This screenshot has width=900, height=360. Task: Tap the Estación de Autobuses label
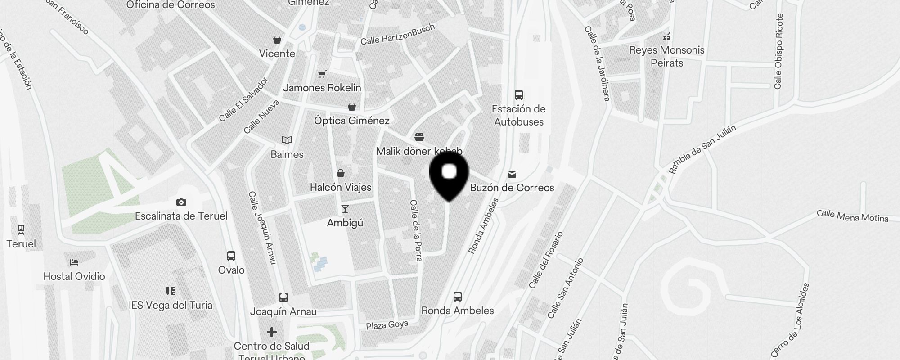click(x=518, y=115)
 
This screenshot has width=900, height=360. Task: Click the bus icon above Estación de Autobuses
click(x=518, y=95)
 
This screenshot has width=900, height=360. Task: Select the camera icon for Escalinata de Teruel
click(x=181, y=202)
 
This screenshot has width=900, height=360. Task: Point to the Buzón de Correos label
click(x=512, y=188)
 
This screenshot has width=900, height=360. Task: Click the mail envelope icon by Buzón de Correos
click(x=512, y=174)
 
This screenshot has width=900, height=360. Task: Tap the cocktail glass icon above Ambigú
click(x=345, y=209)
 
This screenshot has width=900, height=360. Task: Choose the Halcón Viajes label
click(x=341, y=187)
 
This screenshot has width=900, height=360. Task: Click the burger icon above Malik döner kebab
click(x=419, y=137)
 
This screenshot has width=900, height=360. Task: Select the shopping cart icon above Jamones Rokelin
click(x=322, y=74)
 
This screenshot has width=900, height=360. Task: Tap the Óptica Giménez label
click(x=351, y=121)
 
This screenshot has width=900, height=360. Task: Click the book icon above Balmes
click(x=287, y=140)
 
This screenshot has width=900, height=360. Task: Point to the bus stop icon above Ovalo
click(x=231, y=256)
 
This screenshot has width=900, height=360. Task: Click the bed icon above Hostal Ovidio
click(x=74, y=262)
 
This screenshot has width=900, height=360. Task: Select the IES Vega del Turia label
click(x=170, y=305)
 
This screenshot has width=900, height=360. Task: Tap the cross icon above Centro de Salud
click(x=271, y=332)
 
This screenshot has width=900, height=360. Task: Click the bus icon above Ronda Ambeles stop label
click(x=457, y=297)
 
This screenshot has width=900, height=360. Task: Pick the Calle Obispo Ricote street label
click(x=778, y=51)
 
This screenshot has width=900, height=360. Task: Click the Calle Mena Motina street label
click(x=852, y=216)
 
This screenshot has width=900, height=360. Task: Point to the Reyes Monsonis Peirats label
click(x=666, y=56)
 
